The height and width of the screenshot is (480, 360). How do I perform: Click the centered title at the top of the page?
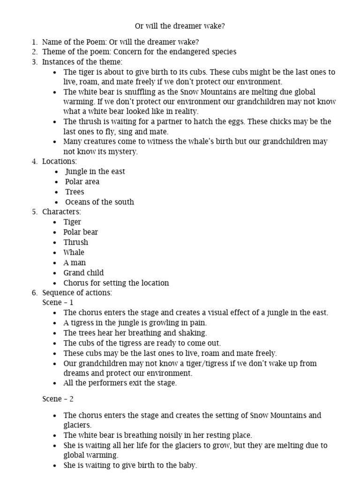point(180,26)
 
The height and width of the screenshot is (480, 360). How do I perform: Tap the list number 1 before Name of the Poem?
point(35,42)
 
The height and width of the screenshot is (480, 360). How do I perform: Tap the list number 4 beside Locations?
point(35,161)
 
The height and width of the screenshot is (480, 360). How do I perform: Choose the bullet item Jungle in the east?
point(95,172)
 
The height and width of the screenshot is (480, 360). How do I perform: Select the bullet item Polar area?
point(82,181)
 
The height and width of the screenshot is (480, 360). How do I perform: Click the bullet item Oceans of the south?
point(99,202)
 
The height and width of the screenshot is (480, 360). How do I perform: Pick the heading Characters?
point(61,212)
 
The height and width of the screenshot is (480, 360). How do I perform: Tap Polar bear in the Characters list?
point(81,232)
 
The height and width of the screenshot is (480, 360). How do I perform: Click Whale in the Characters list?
point(74,252)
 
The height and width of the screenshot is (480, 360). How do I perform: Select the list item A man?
point(75,262)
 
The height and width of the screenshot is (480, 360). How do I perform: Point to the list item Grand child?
point(83,273)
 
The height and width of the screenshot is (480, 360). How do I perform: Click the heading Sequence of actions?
point(77,293)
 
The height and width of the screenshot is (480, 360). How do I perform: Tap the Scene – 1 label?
point(58,302)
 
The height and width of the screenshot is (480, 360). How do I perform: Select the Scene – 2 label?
point(58,399)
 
